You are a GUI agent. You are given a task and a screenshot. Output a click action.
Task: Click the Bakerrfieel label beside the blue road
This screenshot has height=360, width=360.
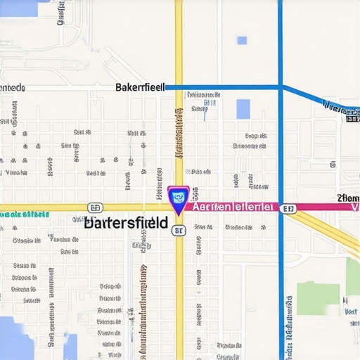139,87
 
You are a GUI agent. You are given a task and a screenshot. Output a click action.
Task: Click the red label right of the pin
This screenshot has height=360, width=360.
231,207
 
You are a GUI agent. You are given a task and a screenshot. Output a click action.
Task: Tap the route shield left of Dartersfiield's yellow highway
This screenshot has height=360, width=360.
96,207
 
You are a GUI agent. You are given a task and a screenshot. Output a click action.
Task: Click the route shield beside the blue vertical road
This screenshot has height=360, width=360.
287,208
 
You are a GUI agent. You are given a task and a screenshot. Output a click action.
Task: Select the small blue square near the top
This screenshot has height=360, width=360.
242,40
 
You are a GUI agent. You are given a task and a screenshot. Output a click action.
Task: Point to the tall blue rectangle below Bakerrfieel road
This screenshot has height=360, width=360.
243,109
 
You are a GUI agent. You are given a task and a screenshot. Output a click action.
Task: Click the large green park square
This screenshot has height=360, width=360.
318,298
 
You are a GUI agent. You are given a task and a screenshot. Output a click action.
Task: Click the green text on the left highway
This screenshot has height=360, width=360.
24,214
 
